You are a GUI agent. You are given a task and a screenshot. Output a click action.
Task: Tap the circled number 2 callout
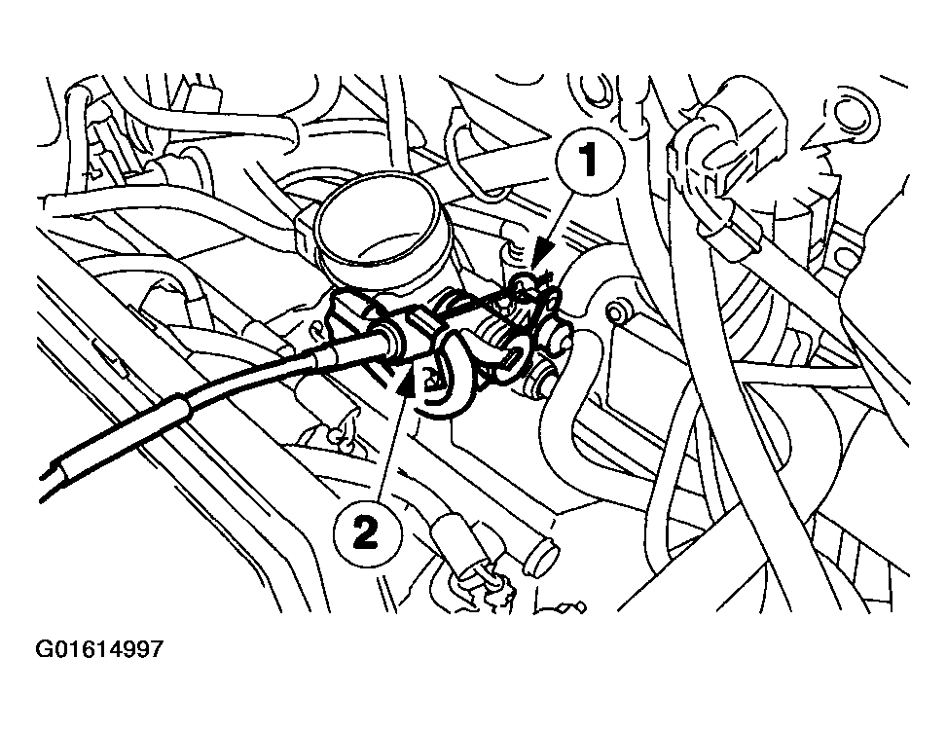click(362, 531)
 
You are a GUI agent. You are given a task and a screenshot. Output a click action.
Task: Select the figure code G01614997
click(100, 648)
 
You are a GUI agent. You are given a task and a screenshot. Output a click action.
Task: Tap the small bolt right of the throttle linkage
click(614, 314)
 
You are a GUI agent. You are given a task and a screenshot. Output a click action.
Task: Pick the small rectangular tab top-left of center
click(205, 98)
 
